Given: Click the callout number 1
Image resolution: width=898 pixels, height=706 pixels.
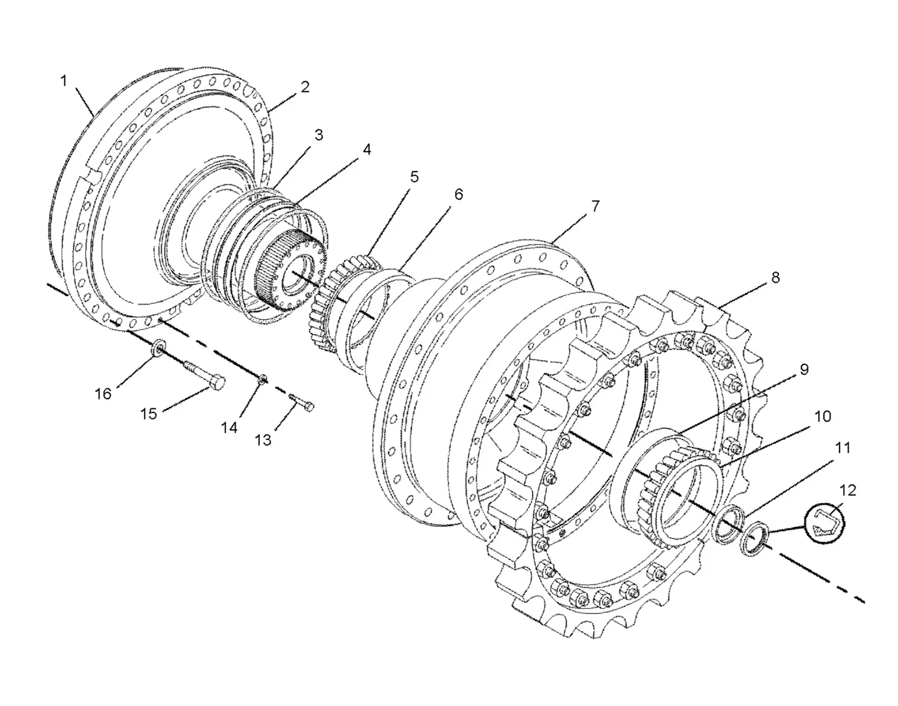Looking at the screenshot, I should coord(63,81).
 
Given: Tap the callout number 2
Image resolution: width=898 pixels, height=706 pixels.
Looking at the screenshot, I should coord(305,87).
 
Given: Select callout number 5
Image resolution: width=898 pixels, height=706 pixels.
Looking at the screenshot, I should coord(414,177).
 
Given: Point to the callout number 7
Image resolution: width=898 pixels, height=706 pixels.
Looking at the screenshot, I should coord(595,206).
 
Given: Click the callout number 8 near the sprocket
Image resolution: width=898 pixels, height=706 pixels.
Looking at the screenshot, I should coord(776,277).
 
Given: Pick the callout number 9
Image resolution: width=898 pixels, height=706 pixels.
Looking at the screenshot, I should coord(804,369).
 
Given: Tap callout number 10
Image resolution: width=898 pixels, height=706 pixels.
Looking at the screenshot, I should coord(822,416).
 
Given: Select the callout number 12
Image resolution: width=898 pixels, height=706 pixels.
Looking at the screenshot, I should coord(847,490).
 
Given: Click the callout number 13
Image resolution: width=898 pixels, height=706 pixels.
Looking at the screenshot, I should coord(263,440).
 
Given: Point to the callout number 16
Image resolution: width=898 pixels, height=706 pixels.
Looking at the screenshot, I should coord(103,394).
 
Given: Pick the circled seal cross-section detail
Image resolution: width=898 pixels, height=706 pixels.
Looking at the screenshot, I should coord(825,522).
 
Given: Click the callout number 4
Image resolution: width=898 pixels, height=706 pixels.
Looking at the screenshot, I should coord(366,150).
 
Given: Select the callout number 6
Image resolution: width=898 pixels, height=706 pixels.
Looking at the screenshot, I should coord(459,194).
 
